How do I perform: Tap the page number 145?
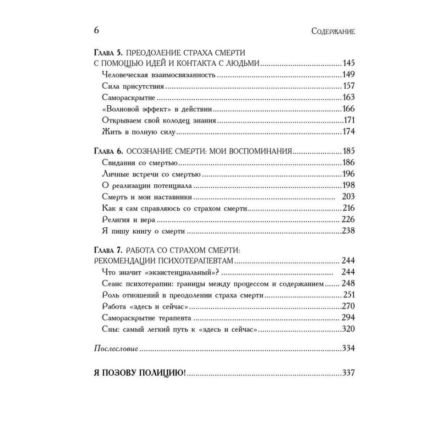click(348, 63)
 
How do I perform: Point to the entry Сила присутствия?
click(127, 86)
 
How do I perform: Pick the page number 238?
click(348, 231)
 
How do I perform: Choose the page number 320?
click(348, 329)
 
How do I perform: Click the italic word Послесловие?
click(116, 349)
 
